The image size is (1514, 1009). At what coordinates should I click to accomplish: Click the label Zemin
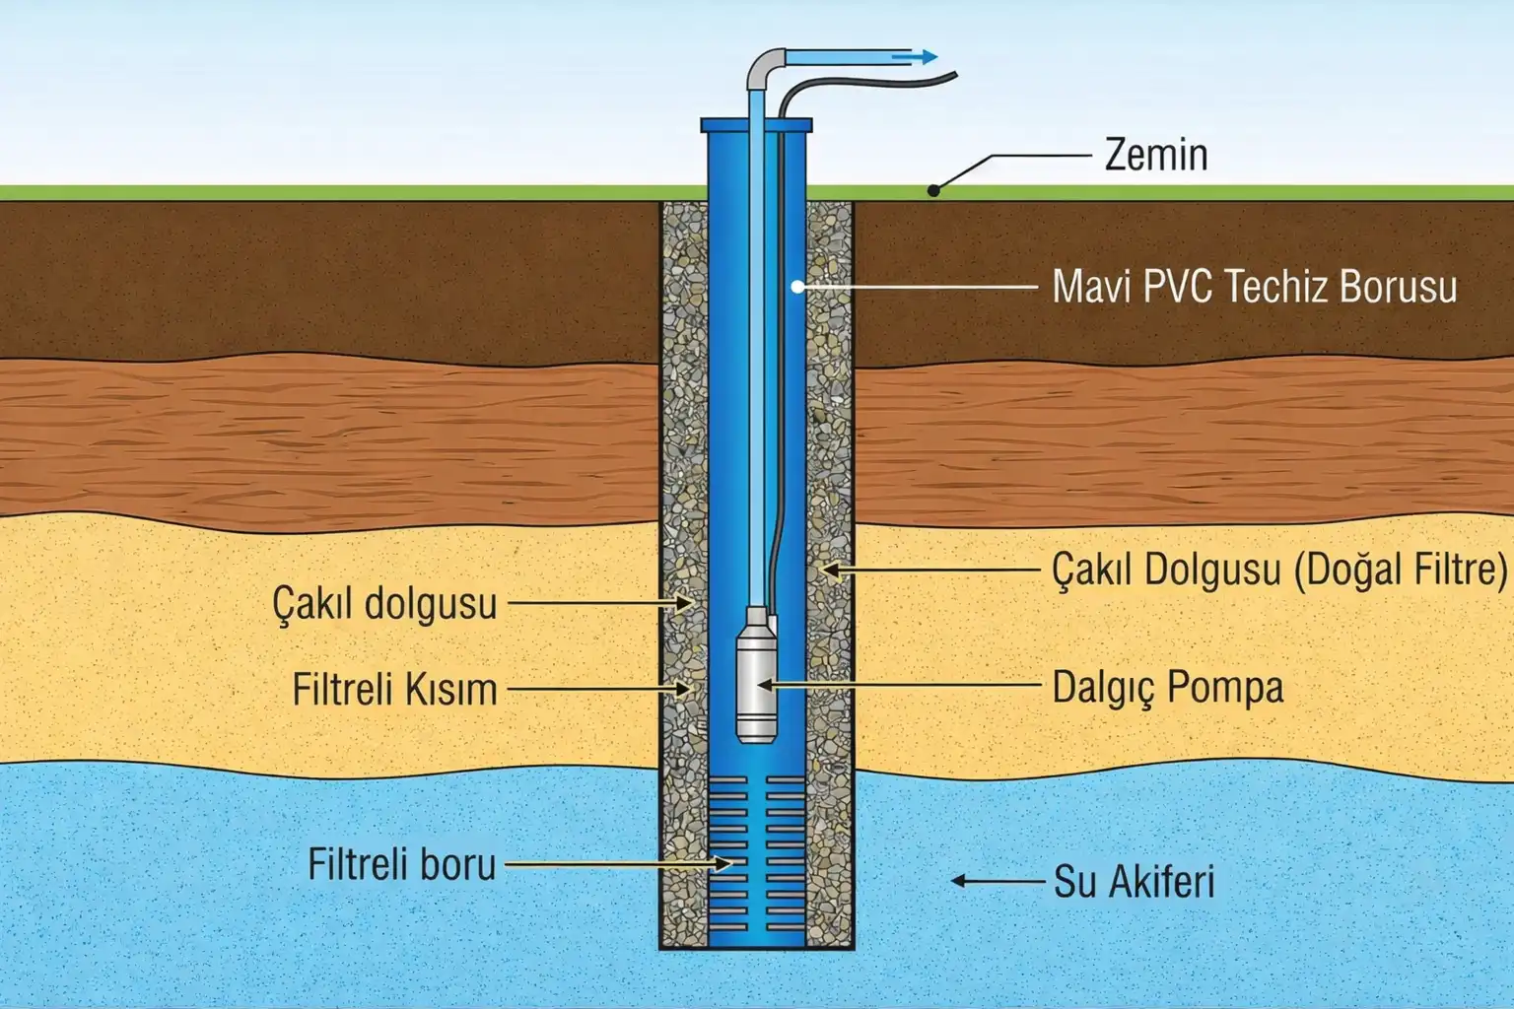(x=1155, y=155)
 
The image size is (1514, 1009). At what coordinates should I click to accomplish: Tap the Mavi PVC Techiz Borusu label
(x=1254, y=287)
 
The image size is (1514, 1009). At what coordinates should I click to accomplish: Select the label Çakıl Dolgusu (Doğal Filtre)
(x=1279, y=570)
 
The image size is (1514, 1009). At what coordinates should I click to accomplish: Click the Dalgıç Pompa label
(x=1168, y=687)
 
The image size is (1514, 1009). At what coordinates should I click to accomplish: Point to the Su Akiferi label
(x=1134, y=882)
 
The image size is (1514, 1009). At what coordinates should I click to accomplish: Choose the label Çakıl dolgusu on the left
(x=384, y=602)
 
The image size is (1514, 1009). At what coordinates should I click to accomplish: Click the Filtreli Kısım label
(x=394, y=690)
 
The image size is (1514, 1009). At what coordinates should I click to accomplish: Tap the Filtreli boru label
(x=401, y=864)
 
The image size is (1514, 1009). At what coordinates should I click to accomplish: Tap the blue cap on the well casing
(x=756, y=125)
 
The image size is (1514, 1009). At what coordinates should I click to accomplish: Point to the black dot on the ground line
(x=934, y=191)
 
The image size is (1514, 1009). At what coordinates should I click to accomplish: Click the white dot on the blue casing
(x=796, y=287)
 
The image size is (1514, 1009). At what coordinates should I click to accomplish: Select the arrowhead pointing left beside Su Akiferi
(x=958, y=881)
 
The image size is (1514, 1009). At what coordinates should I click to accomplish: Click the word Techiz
(x=1276, y=287)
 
